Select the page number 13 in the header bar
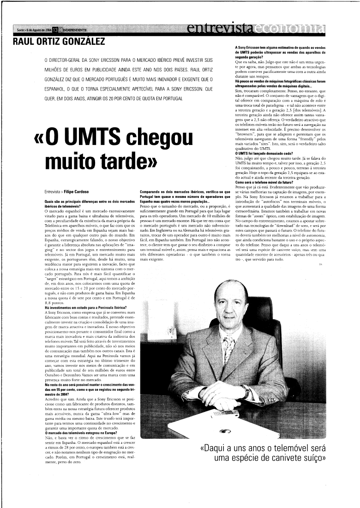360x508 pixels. tap(56, 30)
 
